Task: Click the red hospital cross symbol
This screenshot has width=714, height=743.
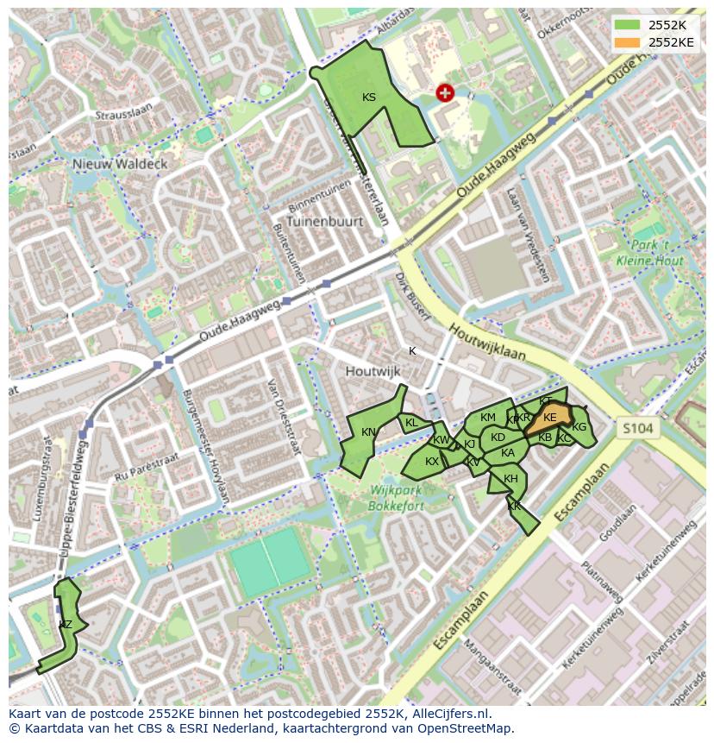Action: pyautogui.click(x=445, y=93)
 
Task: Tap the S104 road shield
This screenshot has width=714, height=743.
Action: pyautogui.click(x=638, y=428)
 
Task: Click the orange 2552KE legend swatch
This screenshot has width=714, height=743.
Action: pyautogui.click(x=629, y=41)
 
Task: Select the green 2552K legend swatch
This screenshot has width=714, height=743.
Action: pyautogui.click(x=629, y=24)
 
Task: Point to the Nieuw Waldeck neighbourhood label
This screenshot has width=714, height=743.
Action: pyautogui.click(x=120, y=164)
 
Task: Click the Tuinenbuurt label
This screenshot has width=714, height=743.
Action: pyautogui.click(x=325, y=221)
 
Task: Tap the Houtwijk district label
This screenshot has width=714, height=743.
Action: pyautogui.click(x=373, y=371)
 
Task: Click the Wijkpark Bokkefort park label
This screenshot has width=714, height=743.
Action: pyautogui.click(x=397, y=497)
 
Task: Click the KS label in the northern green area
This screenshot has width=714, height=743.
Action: pyautogui.click(x=369, y=98)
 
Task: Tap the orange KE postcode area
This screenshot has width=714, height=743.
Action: pyautogui.click(x=549, y=419)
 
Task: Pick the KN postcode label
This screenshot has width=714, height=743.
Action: pyautogui.click(x=368, y=432)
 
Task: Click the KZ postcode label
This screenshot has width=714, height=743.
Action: pyautogui.click(x=66, y=624)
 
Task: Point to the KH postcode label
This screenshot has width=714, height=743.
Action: pyautogui.click(x=510, y=479)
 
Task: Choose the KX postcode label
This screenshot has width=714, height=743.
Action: pyautogui.click(x=432, y=462)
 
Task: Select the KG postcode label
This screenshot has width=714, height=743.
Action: pyautogui.click(x=579, y=427)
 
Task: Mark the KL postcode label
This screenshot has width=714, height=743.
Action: pyautogui.click(x=411, y=423)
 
